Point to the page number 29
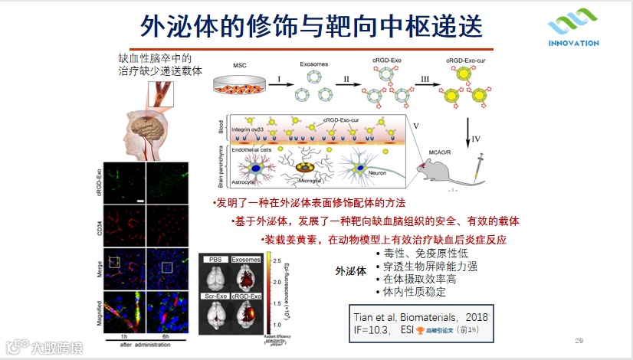tap(579, 340)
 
